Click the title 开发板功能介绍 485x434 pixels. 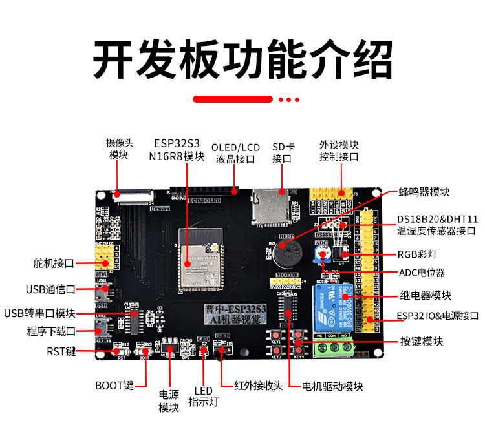coord(242,60)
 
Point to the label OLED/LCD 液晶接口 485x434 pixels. coord(235,153)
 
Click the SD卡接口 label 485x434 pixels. coord(282,152)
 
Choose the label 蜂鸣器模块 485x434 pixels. coord(424,192)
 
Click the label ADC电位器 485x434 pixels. coord(422,273)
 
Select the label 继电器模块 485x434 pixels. coord(424,295)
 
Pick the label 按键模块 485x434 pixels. coord(422,341)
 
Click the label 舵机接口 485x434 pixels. coord(53,263)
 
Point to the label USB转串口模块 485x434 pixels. coord(39,313)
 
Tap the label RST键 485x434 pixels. coord(61,351)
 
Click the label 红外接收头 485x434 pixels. coord(259,386)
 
